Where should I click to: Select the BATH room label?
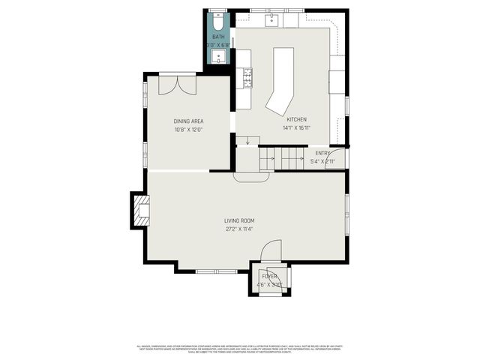[x=218, y=37]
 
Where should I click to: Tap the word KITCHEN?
[x=296, y=119]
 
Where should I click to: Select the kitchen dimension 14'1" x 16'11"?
[x=296, y=128]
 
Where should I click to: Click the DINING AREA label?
[x=188, y=121]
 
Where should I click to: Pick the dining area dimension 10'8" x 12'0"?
[x=188, y=130]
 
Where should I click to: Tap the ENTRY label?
[x=322, y=153]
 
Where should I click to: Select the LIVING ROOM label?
[x=239, y=220]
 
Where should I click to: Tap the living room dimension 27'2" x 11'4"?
[x=239, y=229]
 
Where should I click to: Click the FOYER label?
[x=269, y=277]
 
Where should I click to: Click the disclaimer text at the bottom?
[x=239, y=349]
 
